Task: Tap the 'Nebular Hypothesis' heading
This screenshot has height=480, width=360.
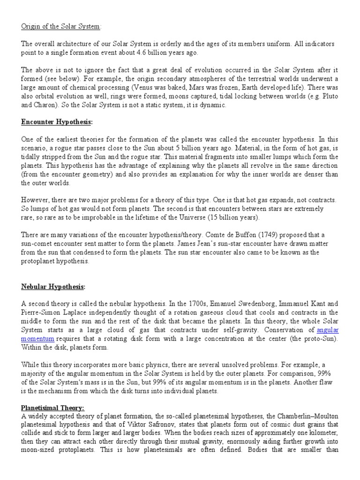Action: pyautogui.click(x=53, y=287)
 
